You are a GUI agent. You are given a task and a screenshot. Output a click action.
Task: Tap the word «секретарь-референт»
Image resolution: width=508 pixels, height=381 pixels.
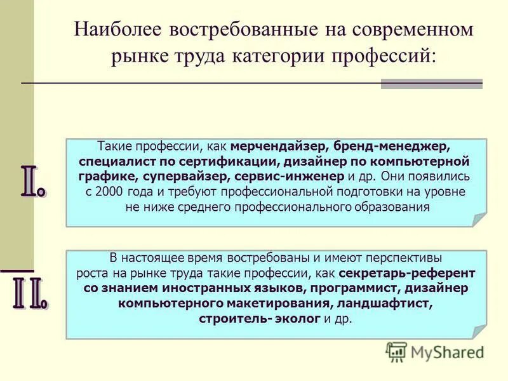coord(406,274)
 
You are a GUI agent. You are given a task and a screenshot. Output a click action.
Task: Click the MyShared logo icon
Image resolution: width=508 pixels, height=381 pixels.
coord(397,351)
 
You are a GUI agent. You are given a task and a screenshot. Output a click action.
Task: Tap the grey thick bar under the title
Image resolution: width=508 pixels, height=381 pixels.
coord(431,84)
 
